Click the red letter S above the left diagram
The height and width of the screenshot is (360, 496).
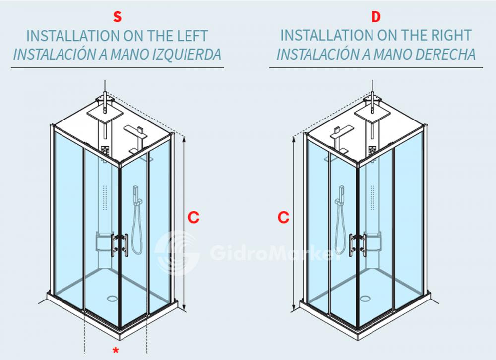tap(117, 17)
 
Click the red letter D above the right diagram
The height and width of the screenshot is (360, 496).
tap(376, 17)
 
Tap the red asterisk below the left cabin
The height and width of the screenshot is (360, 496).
tap(116, 351)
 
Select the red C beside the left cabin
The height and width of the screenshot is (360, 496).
tap(193, 217)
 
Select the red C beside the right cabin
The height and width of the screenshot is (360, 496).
tap(283, 217)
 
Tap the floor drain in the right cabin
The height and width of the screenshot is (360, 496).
tap(366, 299)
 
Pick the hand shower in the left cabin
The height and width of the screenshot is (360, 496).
tap(137, 195)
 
